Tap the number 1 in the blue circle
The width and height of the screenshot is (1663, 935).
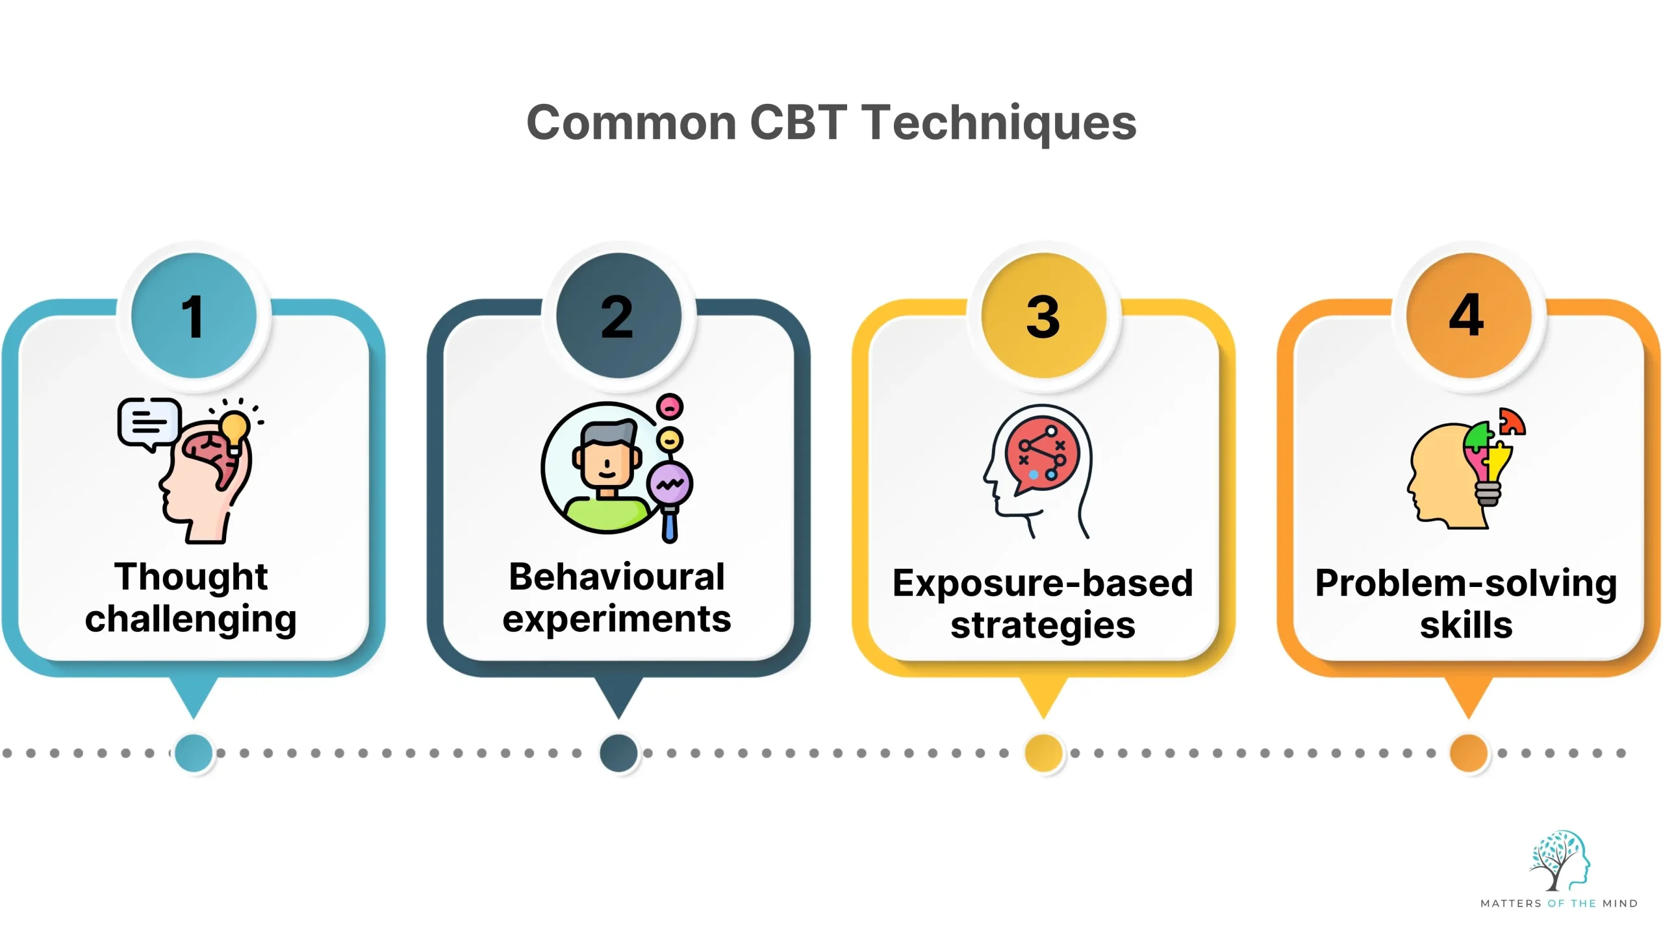(x=193, y=317)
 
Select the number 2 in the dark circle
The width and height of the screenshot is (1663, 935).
(x=618, y=317)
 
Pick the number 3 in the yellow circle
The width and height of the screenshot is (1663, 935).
(x=1043, y=317)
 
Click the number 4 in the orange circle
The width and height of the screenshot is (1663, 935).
(x=1467, y=316)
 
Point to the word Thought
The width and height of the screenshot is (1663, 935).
(x=191, y=577)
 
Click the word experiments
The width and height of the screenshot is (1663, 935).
(x=617, y=619)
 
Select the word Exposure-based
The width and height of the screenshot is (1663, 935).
(x=1043, y=583)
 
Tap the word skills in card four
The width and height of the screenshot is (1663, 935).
(x=1466, y=625)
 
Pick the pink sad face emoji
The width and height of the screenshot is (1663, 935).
(x=670, y=407)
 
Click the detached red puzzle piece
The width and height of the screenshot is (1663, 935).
(x=1512, y=422)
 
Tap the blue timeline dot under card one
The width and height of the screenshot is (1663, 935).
(x=194, y=753)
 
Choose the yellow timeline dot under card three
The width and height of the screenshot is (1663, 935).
(x=1043, y=753)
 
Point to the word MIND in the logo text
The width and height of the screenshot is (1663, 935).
(x=1619, y=903)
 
